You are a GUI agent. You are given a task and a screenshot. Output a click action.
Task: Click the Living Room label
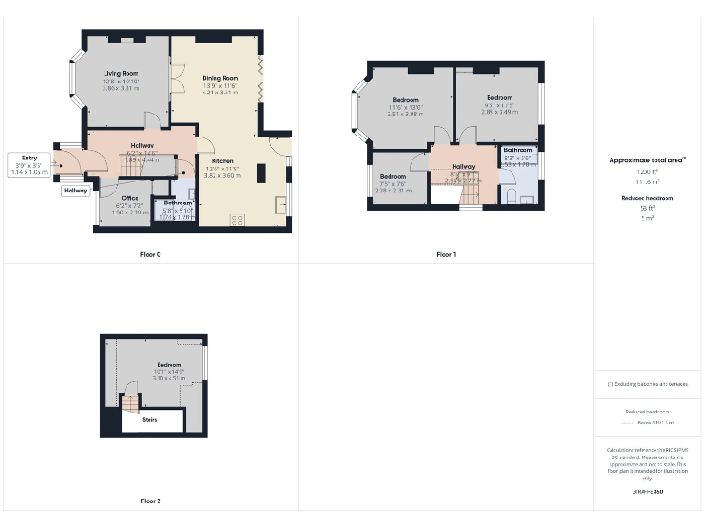(x=120, y=73)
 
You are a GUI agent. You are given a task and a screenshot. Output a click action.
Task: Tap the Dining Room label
(x=220, y=78)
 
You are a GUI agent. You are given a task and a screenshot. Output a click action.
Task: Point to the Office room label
(x=129, y=198)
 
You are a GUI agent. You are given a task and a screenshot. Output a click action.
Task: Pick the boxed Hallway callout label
(x=76, y=191)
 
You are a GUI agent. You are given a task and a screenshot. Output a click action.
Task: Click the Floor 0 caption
(x=151, y=254)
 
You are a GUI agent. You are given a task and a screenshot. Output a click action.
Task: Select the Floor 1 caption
(x=445, y=254)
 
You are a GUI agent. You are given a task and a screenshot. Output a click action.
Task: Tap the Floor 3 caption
(x=151, y=501)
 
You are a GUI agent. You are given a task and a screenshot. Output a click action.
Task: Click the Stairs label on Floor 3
(x=150, y=420)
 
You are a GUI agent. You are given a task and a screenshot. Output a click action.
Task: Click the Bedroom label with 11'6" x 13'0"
(x=406, y=99)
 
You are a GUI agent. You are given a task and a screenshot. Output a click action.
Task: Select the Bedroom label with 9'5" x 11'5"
(x=500, y=97)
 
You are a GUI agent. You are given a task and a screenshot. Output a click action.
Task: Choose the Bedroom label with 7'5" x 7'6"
(x=393, y=176)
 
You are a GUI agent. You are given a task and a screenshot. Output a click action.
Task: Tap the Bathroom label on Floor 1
(x=517, y=150)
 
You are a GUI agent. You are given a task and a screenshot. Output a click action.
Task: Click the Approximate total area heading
(x=647, y=160)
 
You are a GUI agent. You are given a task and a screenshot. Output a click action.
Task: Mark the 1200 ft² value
(x=647, y=171)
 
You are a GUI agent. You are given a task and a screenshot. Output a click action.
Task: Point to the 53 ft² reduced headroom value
(x=647, y=208)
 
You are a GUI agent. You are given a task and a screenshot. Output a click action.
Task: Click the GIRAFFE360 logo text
(x=647, y=492)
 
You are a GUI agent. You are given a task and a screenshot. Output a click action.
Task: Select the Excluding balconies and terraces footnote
(x=647, y=384)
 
